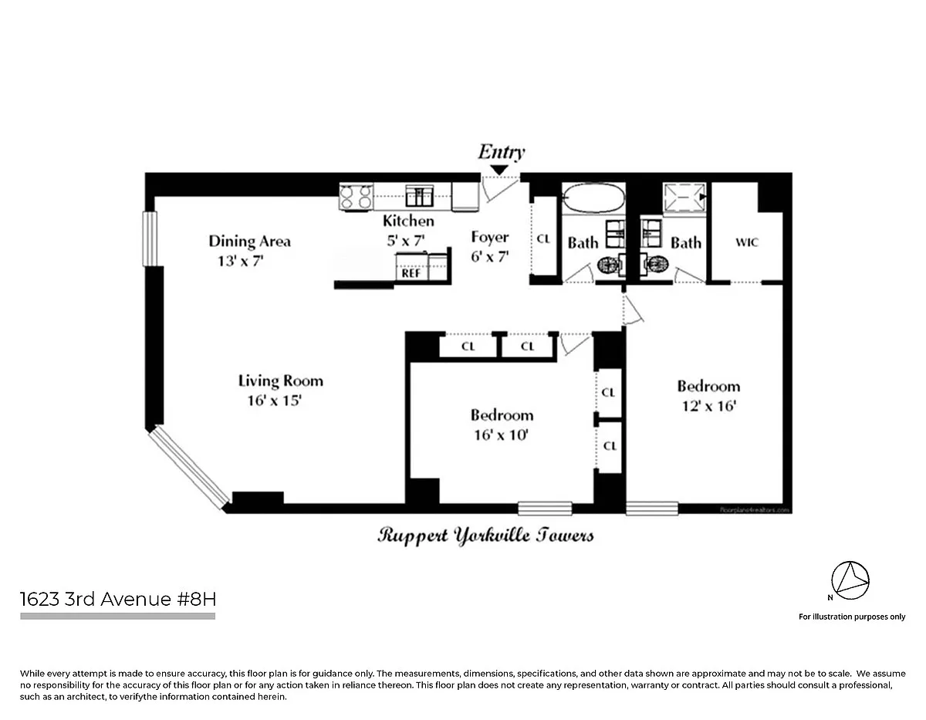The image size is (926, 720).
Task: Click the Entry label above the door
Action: (501, 151)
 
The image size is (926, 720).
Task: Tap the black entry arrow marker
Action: (500, 169)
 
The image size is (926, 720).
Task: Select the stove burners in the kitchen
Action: (356, 197)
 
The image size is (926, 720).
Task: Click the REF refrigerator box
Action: (410, 272)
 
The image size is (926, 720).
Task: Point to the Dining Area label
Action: (249, 241)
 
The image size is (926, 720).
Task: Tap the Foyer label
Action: (490, 238)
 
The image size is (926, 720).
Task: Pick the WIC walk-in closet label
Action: (746, 242)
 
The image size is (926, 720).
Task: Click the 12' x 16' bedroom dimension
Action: (708, 406)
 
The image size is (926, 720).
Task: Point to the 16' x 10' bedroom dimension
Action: (502, 434)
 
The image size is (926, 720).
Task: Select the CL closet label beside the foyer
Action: (543, 239)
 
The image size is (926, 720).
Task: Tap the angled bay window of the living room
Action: (189, 468)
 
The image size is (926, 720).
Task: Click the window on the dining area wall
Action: (150, 238)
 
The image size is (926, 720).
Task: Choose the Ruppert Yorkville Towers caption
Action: (485, 535)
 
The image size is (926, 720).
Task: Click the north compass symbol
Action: (850, 580)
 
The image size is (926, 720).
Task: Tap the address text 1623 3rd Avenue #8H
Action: (117, 600)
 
